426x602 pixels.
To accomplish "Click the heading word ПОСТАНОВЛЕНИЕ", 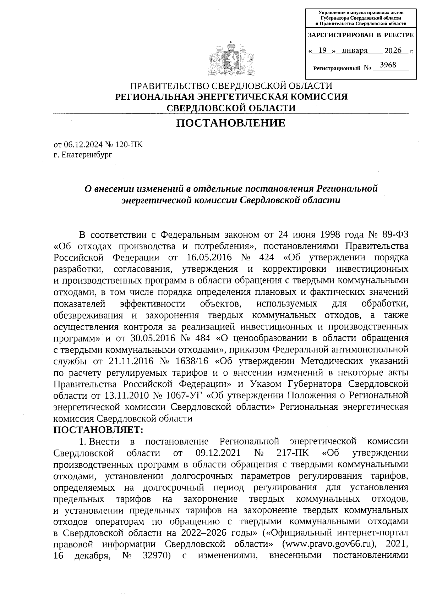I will click(231, 123).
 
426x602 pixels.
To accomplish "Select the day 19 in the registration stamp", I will click(322, 50).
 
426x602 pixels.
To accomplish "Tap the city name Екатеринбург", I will click(87, 155).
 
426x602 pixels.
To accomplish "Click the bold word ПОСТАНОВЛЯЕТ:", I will click(98, 430).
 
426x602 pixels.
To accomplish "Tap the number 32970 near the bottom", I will click(155, 556).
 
